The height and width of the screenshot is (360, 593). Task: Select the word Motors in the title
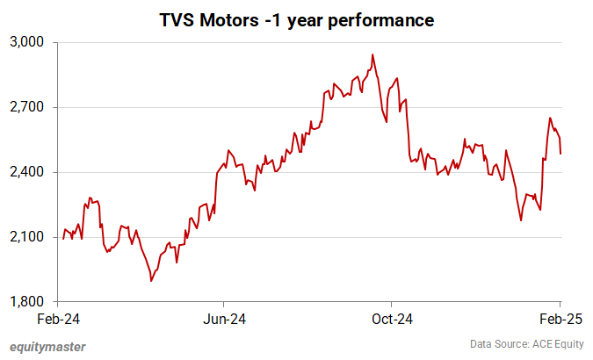pyautogui.click(x=234, y=18)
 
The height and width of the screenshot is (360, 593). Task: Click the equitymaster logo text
pyautogui.click(x=49, y=346)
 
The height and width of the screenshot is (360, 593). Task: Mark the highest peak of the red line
pyautogui.click(x=372, y=54)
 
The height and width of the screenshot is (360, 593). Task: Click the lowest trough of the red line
pyautogui.click(x=151, y=281)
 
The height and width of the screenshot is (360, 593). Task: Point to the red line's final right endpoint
pyautogui.click(x=560, y=154)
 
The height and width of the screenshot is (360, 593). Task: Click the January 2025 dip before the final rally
pyautogui.click(x=521, y=220)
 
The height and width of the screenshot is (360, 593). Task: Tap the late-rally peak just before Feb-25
pyautogui.click(x=550, y=118)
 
